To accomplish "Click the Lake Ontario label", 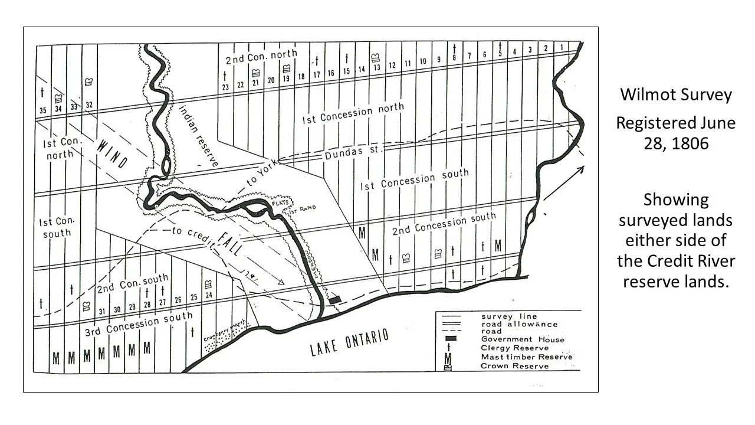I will coord(349,342).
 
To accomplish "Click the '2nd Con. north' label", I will coord(261,58).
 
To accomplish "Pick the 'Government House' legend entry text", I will coord(523,339).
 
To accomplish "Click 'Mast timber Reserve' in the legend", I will coord(527,357).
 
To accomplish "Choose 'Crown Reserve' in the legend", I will coord(515,365).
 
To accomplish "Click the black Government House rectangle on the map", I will coord(335,300).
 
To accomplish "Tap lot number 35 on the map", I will coord(42,110).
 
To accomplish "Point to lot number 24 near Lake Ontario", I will coord(208,295).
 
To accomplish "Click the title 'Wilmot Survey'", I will coord(675,94).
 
